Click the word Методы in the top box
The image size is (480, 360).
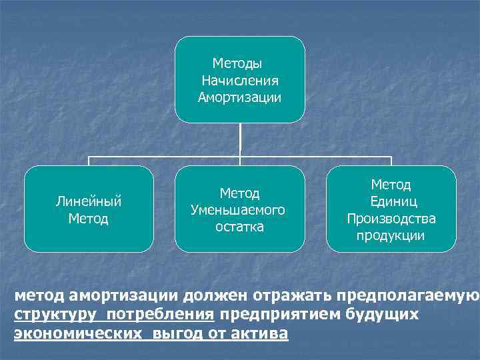pos(237,64)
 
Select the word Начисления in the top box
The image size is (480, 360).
pos(239,81)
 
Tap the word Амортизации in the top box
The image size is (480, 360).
pos(239,98)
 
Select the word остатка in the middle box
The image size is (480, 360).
pos(239,227)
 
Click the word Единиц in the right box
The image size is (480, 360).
pos(391,201)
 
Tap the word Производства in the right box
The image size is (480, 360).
pos(391,219)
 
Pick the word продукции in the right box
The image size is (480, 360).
pos(391,236)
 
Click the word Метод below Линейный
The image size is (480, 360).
pos(88,218)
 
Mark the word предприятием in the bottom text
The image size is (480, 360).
pos(279,315)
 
